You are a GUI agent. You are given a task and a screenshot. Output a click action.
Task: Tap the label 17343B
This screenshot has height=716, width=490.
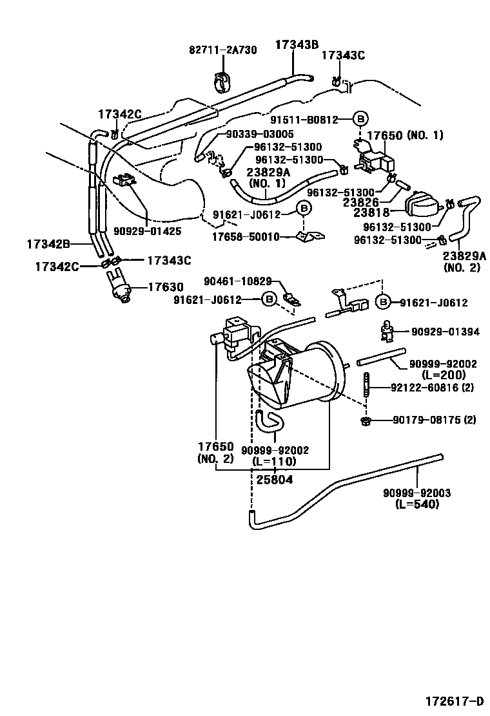coord(297,44)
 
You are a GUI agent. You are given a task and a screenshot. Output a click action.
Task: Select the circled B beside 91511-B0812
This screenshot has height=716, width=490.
coord(360,118)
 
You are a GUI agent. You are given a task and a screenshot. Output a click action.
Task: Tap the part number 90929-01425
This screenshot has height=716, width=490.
coord(147,231)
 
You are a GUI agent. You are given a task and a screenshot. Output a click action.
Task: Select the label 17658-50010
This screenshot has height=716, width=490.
coord(241,237)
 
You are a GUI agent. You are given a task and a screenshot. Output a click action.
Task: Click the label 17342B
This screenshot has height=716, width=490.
coord(48,244)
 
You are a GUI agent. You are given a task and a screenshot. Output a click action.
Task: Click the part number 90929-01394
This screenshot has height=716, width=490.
coord(446,332)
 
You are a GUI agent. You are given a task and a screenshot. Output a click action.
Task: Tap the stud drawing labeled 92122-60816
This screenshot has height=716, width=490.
coord(367,388)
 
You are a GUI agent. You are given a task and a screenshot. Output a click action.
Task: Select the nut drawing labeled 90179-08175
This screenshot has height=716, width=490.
coord(366,421)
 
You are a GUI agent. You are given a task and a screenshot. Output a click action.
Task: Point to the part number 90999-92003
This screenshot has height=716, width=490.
coord(416,493)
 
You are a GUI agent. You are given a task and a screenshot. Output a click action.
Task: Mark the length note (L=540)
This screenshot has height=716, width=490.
coord(416,504)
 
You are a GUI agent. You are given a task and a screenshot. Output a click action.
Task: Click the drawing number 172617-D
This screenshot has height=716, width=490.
coord(454,701)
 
